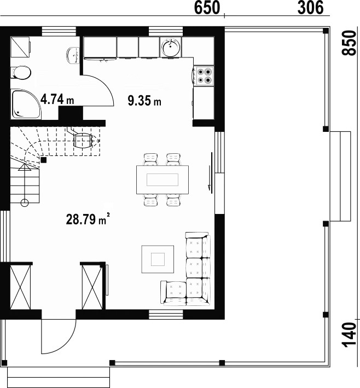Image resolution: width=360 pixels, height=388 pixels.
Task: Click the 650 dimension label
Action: click(207, 8)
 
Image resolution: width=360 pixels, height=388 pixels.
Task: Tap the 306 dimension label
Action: click(310, 8)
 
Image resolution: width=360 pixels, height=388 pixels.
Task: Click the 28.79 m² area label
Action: click(88, 219)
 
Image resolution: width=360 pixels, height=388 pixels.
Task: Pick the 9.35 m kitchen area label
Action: click(144, 101)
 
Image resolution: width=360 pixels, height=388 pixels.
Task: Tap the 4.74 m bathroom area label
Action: click(57, 99)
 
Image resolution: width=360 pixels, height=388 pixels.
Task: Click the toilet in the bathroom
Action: click(21, 72)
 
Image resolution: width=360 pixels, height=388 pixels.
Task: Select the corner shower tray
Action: click(26, 103)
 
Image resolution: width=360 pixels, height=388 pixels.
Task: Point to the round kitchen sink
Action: click(170, 47)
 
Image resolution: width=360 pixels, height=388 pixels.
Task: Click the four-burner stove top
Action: click(204, 76)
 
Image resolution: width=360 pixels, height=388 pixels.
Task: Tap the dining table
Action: click(162, 179)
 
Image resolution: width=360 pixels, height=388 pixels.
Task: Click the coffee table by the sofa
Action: click(158, 259)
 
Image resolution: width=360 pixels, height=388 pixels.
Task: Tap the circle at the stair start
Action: click(25, 203)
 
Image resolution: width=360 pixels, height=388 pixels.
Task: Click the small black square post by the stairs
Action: click(44, 160)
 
